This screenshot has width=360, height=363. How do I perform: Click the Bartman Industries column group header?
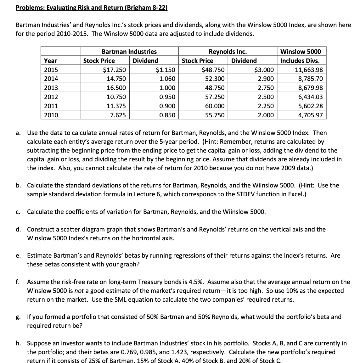click(129, 52)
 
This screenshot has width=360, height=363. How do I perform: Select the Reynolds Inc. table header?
click(228, 52)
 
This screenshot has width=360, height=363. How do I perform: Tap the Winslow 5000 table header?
click(301, 52)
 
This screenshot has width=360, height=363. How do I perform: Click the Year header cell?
click(51, 61)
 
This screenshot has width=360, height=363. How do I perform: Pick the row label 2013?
click(51, 88)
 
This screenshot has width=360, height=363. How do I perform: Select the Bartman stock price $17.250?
click(115, 70)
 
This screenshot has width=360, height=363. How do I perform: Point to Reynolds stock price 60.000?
click(215, 106)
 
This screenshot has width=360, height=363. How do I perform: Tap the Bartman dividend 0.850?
click(167, 115)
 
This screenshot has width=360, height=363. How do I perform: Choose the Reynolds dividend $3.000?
click(264, 70)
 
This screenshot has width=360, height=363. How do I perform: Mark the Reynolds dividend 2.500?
click(266, 97)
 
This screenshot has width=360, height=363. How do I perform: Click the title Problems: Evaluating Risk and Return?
click(92, 7)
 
